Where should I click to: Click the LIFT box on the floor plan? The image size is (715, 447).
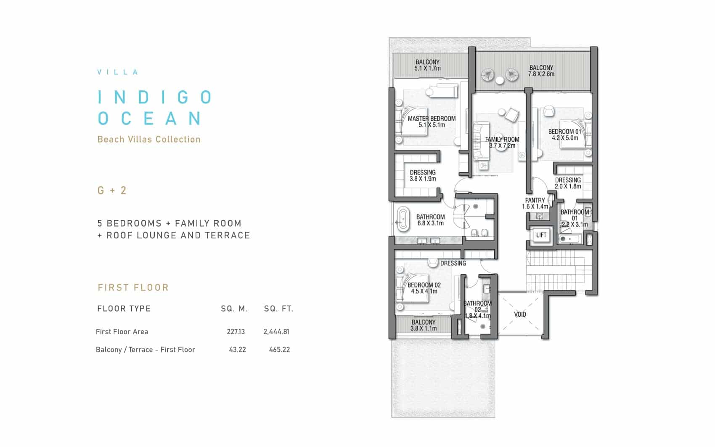tap(541, 235)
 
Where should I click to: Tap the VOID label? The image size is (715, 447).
tap(520, 315)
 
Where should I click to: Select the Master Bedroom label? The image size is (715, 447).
tap(432, 122)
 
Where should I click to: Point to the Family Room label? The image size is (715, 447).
tap(502, 142)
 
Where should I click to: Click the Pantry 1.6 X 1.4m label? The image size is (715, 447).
tap(535, 203)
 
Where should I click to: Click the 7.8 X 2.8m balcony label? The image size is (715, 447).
tap(541, 71)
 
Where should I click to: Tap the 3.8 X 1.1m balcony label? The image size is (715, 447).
tap(423, 325)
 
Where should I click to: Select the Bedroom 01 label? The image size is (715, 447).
tap(565, 135)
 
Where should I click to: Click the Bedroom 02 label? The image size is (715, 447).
tap(424, 288)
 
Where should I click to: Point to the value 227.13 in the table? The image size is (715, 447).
tap(236, 332)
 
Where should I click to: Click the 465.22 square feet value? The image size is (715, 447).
tap(279, 350)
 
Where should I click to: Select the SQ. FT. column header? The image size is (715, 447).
tap(278, 309)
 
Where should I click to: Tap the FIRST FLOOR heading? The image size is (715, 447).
tap(133, 288)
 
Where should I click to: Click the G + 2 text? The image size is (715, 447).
tap(112, 190)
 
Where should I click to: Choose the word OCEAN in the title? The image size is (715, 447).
tap(149, 118)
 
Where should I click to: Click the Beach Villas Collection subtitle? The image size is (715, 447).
tap(149, 140)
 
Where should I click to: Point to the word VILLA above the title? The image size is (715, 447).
tap(118, 72)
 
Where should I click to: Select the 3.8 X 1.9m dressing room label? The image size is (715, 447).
tap(423, 176)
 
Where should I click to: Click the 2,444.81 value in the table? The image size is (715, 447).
tap(276, 332)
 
